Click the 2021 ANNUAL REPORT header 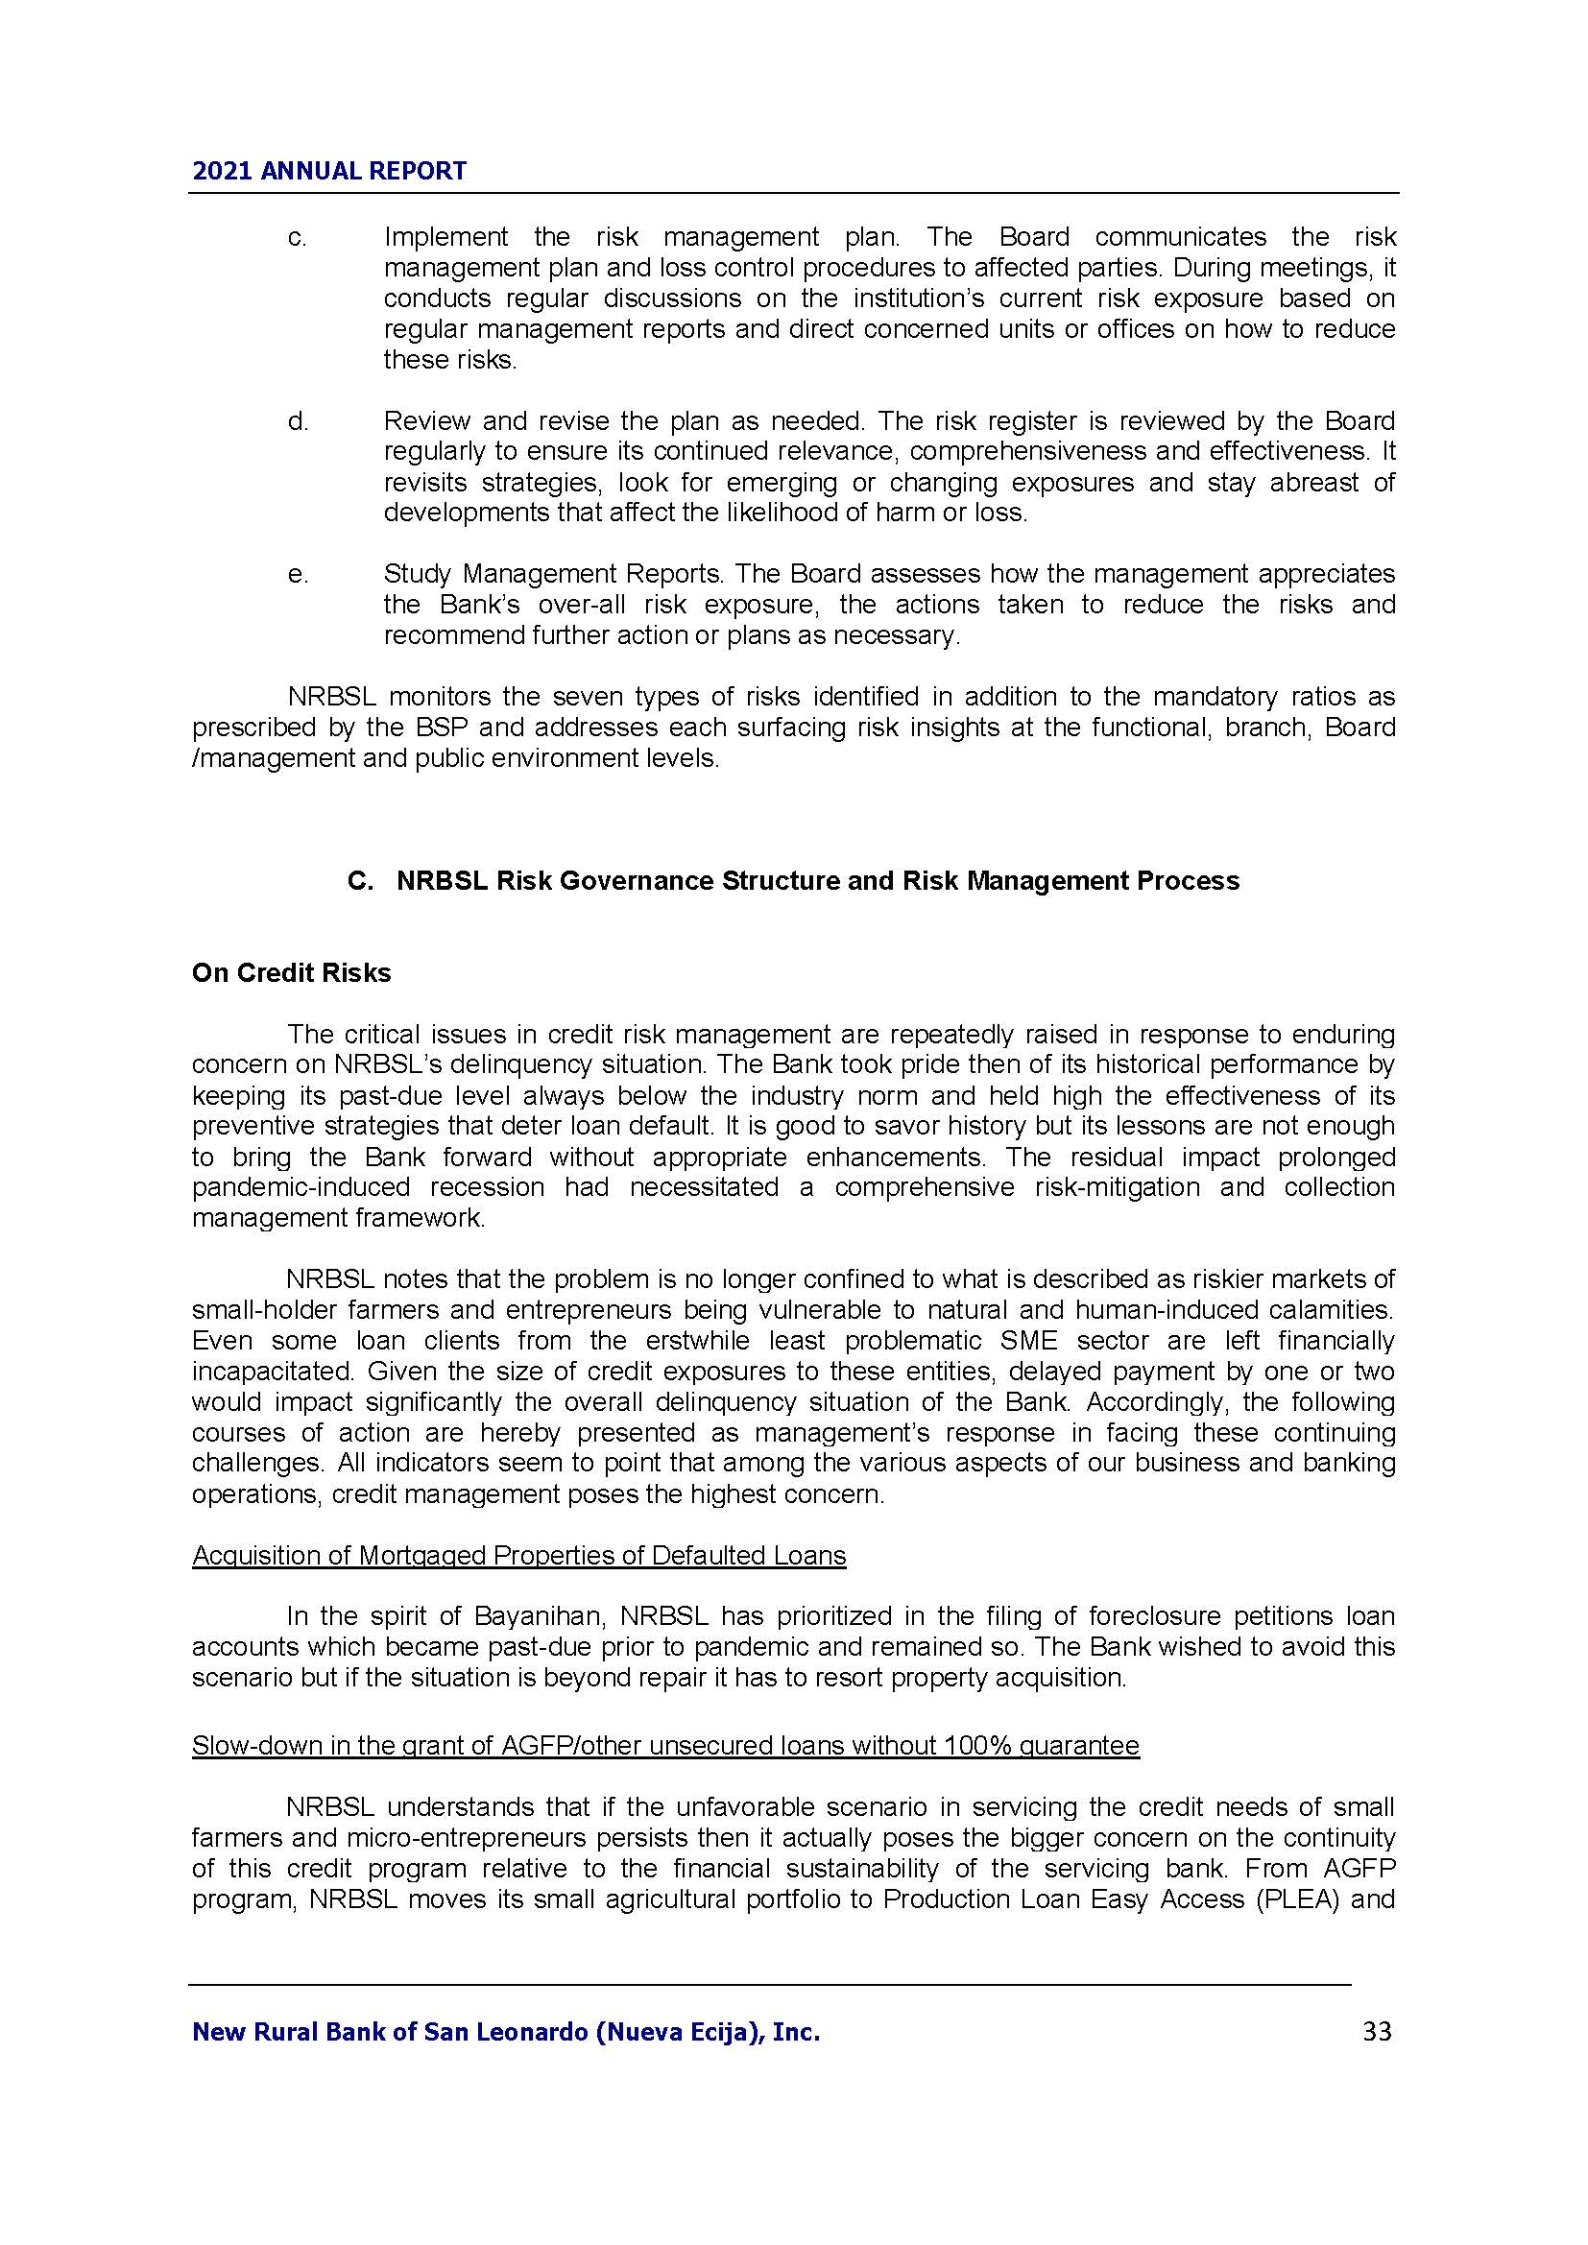click(x=329, y=171)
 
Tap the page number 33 click(x=1376, y=2032)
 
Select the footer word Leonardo click(x=525, y=2033)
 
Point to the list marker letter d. click(x=298, y=421)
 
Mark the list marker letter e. click(x=298, y=575)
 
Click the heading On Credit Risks click(x=292, y=973)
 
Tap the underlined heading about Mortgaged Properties click(x=518, y=1556)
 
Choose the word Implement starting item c click(x=445, y=238)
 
